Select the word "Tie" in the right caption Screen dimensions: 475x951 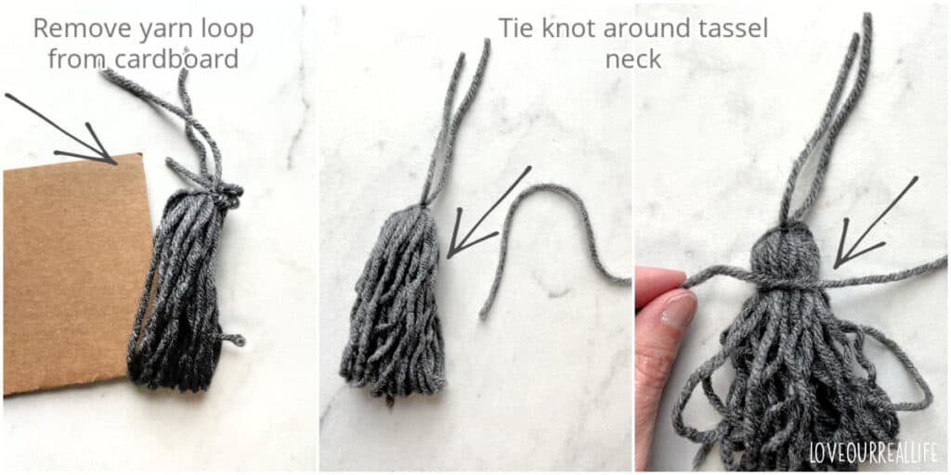point(518,28)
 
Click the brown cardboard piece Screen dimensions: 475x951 point(65,278)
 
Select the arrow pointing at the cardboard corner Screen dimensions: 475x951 point(65,130)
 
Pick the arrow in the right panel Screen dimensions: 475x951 point(873,223)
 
